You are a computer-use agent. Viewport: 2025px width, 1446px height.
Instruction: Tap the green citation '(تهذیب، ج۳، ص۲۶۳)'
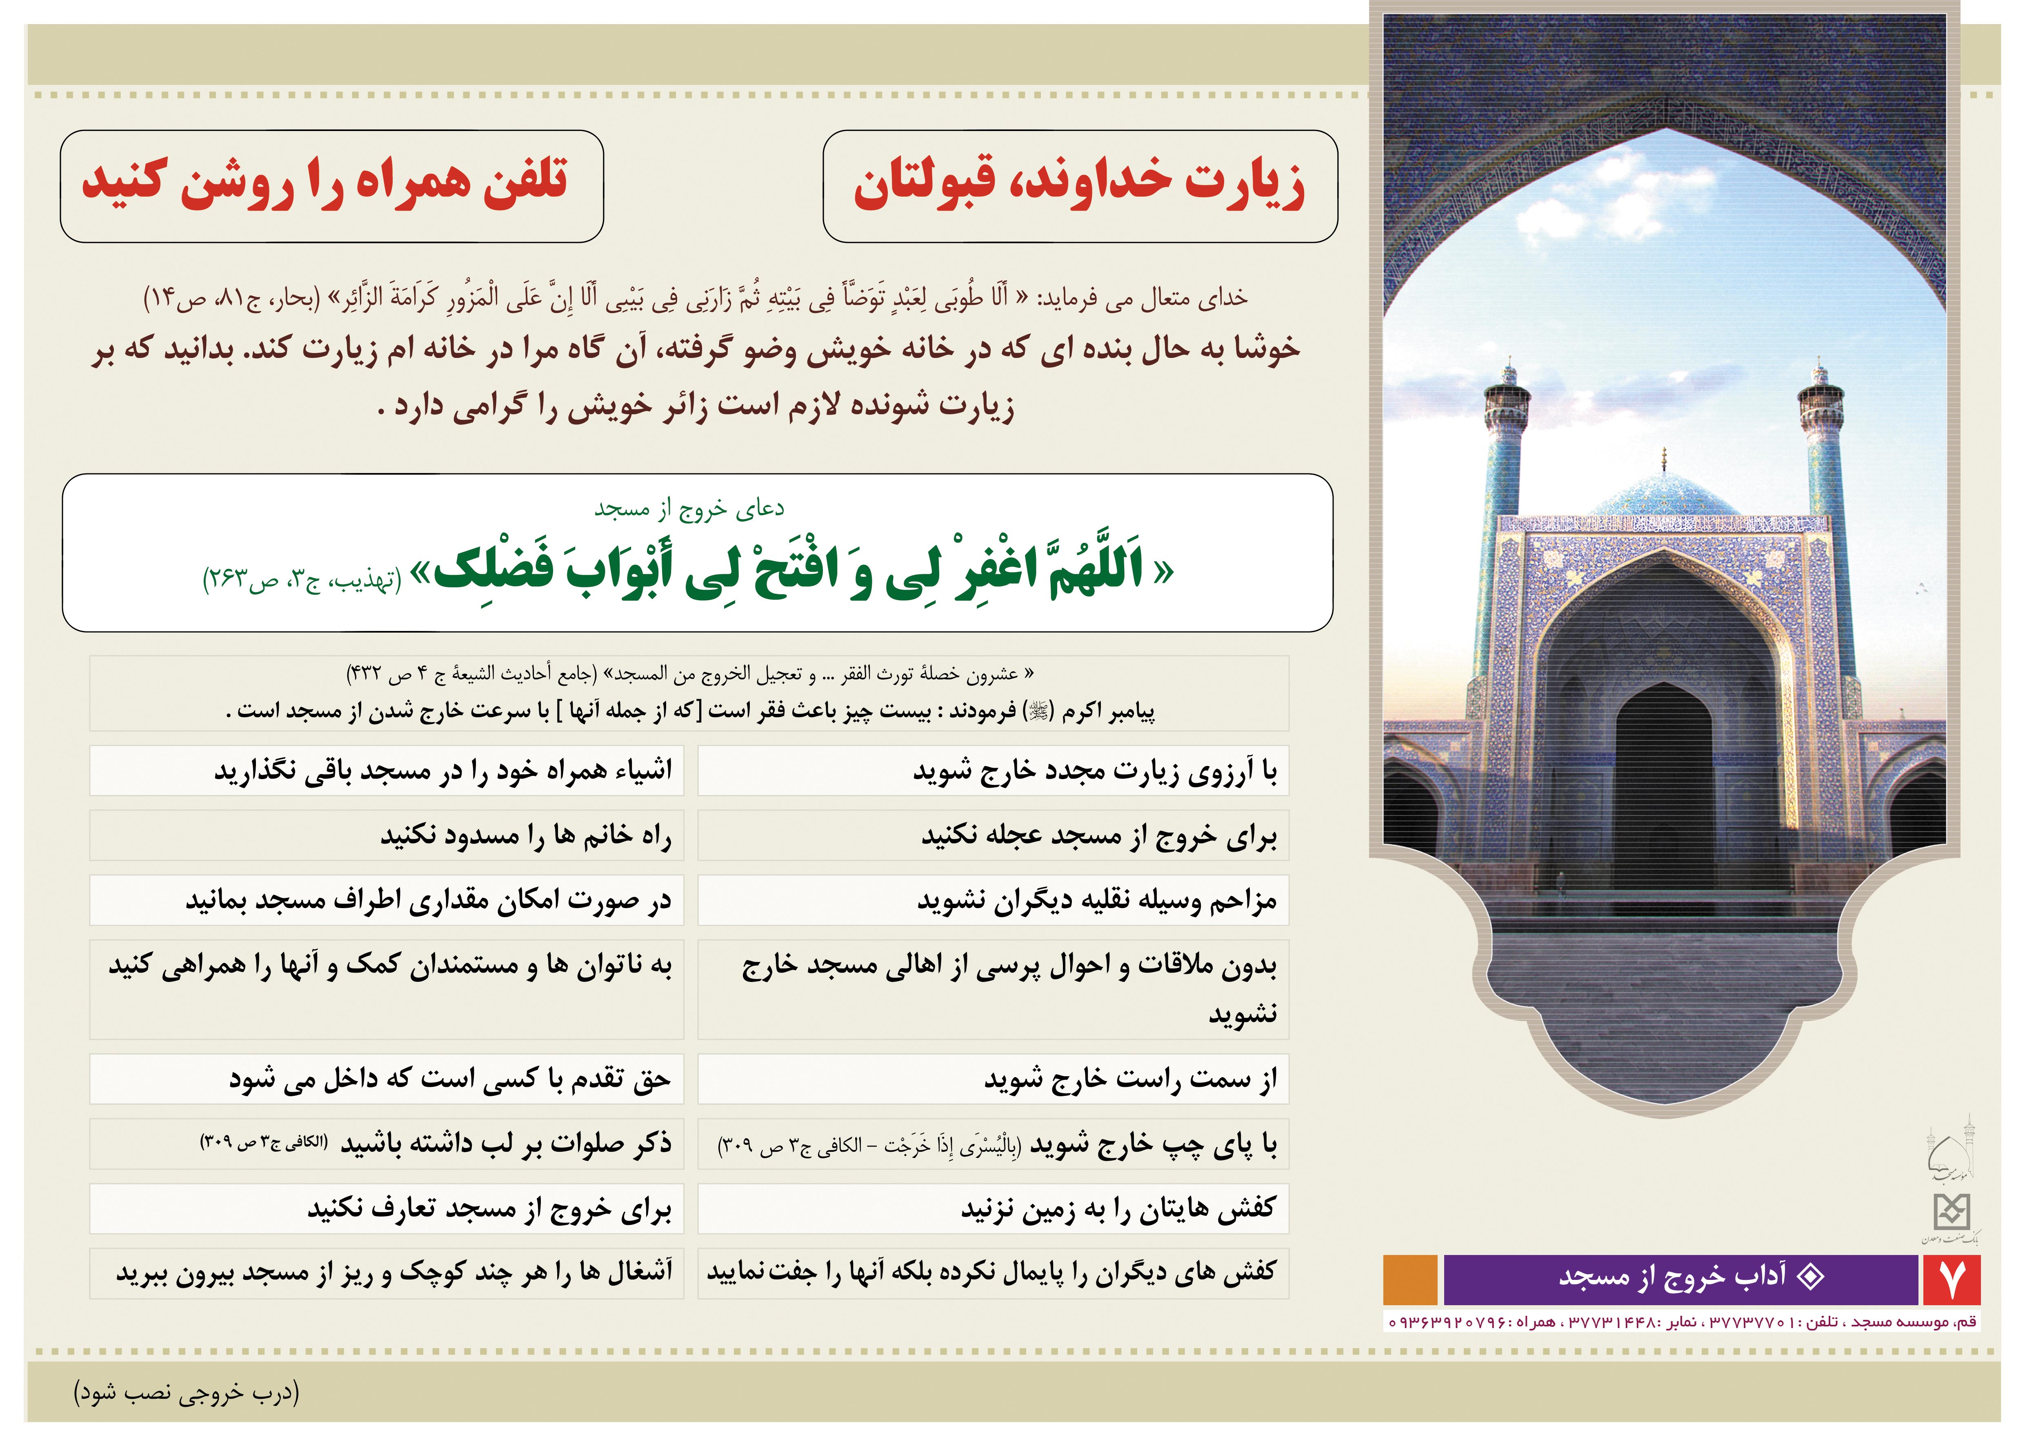(303, 580)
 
